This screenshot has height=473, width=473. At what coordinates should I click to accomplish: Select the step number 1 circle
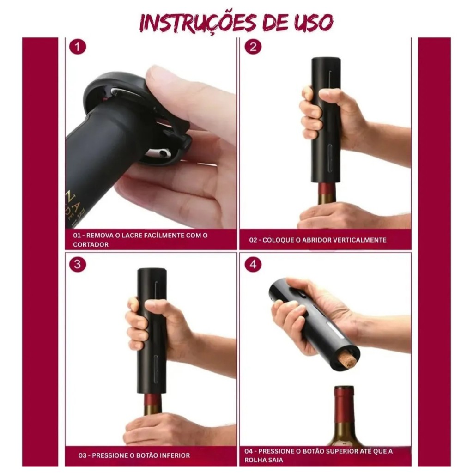pyautogui.click(x=78, y=47)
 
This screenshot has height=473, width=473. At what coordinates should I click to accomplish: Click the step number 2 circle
pyautogui.click(x=253, y=47)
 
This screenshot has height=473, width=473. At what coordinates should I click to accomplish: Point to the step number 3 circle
pyautogui.click(x=78, y=264)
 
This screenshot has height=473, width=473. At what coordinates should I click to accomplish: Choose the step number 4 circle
pyautogui.click(x=253, y=264)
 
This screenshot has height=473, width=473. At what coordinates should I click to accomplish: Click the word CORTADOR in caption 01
pyautogui.click(x=91, y=245)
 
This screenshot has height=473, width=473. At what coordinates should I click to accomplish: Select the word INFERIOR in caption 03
pyautogui.click(x=174, y=455)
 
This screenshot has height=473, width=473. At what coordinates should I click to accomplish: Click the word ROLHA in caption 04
pyautogui.click(x=254, y=461)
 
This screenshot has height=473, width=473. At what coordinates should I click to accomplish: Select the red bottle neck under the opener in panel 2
pyautogui.click(x=327, y=188)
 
